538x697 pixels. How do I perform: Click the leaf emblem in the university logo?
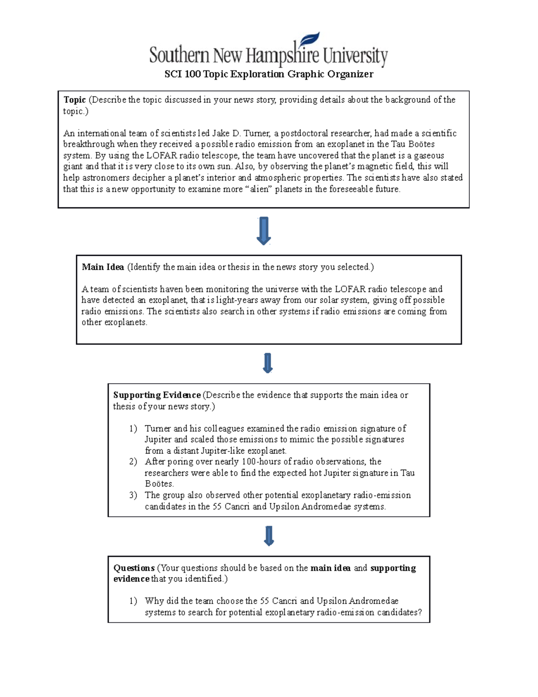click(310, 40)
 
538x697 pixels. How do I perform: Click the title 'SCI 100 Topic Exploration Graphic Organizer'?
click(269, 74)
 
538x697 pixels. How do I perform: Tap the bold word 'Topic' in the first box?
click(74, 100)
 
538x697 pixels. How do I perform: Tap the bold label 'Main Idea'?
click(103, 267)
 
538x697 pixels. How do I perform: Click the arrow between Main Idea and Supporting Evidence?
click(268, 363)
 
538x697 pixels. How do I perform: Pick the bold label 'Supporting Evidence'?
click(156, 395)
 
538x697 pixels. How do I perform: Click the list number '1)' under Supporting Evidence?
click(133, 429)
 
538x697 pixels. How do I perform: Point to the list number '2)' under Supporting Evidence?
click(133, 462)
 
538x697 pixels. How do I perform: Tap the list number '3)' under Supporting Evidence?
click(133, 495)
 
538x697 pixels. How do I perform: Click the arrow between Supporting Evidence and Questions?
click(269, 536)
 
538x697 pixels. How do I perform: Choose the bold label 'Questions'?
click(134, 568)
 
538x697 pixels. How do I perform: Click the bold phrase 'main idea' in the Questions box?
click(330, 568)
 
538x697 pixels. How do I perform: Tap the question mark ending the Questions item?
click(419, 613)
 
